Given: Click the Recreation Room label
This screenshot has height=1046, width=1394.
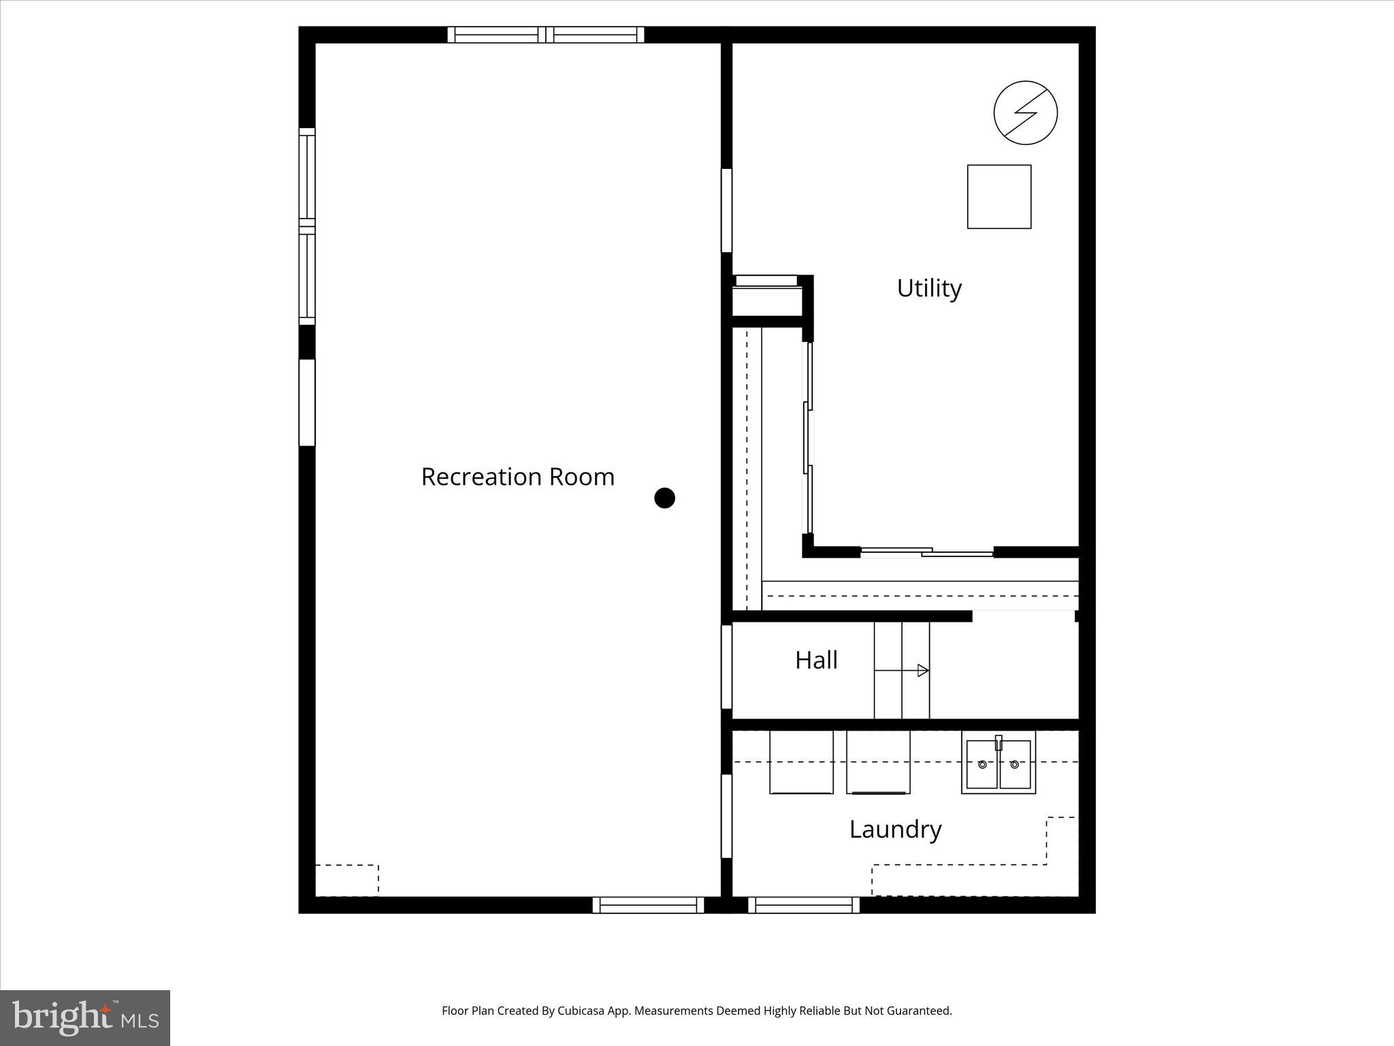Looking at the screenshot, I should click(517, 477).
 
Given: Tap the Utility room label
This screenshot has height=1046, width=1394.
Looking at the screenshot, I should click(929, 288).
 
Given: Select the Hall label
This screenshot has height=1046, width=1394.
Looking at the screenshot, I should click(816, 660).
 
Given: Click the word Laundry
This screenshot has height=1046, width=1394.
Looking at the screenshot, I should click(895, 829).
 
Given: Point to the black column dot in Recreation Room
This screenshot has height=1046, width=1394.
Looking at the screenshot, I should click(664, 498).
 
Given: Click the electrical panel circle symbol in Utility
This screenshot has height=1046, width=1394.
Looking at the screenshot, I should click(1025, 112).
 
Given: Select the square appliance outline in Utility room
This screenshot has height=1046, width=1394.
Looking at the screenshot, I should click(999, 196).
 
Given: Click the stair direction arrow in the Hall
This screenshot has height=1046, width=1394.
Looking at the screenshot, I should click(922, 671).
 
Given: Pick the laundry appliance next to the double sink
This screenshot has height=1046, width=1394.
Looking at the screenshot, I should click(878, 761).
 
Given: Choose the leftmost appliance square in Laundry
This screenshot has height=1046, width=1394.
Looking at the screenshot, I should click(801, 761).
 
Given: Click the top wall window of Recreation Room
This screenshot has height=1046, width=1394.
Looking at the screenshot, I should click(545, 35).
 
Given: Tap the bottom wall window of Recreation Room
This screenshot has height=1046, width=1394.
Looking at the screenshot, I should click(648, 904).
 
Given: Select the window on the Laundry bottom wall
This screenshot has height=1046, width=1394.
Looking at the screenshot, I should click(804, 904).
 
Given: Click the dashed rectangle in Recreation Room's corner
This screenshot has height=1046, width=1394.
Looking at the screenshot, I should click(347, 880).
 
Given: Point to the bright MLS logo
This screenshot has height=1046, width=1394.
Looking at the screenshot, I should click(85, 1017).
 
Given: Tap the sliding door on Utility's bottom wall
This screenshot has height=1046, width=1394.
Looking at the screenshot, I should click(927, 552).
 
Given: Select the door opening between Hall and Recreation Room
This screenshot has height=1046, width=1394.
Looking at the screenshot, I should click(726, 667).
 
